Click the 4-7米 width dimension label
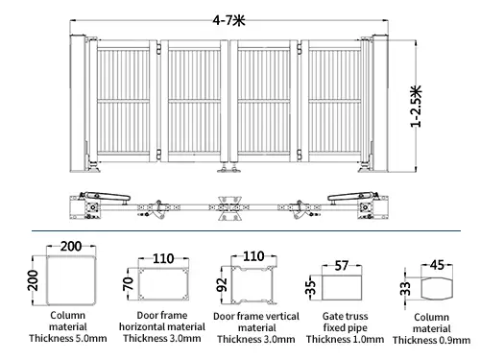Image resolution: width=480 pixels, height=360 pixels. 229,20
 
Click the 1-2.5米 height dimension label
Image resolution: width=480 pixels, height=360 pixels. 417,107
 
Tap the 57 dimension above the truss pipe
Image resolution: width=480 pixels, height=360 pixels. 342,266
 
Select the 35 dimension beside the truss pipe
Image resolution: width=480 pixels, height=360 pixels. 311,287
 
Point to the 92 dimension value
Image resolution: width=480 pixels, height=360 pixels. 222,284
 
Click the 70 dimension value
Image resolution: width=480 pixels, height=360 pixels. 128,283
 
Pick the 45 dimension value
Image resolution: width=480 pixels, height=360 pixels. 437,265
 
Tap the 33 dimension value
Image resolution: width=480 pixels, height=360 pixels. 405,288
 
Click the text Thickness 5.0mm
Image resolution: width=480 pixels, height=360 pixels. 68,338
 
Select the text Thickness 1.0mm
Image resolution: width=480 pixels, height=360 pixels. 345,339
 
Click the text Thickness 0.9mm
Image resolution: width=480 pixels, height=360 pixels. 431,340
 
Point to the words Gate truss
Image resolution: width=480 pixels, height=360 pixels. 346,316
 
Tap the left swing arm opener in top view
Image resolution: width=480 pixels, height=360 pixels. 107,197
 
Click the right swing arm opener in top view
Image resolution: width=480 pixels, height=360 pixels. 352,197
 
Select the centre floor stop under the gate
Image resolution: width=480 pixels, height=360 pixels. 229,168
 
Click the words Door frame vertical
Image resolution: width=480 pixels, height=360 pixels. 256,317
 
